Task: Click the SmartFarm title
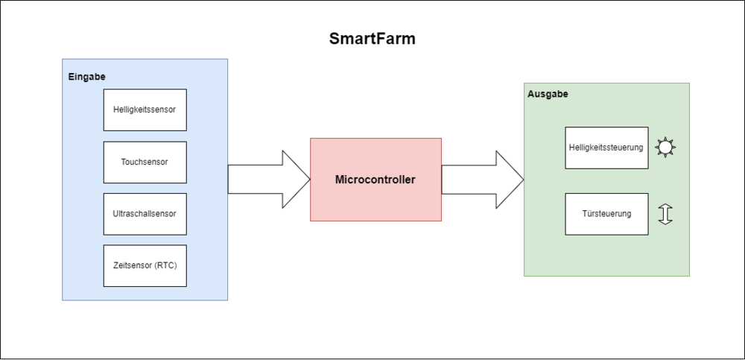pos(372,40)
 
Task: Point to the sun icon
pos(665,147)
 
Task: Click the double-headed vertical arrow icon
pos(665,214)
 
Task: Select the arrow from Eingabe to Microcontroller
pos(269,180)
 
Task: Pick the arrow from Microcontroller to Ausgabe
pos(483,180)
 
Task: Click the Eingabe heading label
pos(87,77)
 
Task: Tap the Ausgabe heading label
pos(548,95)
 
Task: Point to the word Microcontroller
pos(375,180)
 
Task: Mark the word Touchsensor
pos(145,162)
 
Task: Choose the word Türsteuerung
pos(606,214)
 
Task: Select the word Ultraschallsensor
pos(145,214)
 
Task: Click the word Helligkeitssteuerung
pos(606,148)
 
